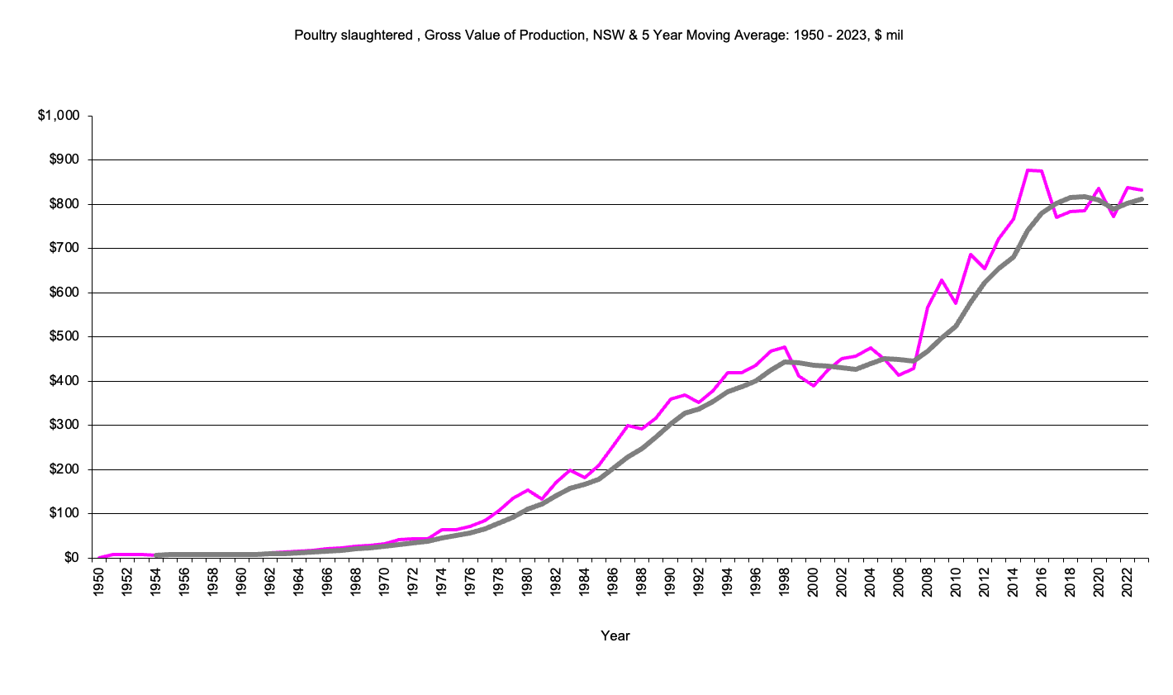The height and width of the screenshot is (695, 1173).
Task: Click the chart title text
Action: [598, 36]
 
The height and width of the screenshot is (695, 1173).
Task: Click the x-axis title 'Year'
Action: [615, 635]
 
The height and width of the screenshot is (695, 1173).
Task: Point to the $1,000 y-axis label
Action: [59, 116]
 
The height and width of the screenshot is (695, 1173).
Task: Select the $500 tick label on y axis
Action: [63, 336]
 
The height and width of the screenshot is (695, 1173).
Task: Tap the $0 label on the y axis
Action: [71, 558]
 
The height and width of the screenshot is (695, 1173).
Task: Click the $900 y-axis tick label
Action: [63, 159]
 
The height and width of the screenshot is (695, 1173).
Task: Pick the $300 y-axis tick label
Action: [63, 425]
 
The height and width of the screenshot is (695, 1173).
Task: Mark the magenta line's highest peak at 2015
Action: [1027, 169]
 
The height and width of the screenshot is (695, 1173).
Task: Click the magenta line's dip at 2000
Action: [813, 386]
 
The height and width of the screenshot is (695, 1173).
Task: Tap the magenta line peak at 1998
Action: [784, 347]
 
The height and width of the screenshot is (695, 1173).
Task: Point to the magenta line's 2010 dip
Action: [956, 303]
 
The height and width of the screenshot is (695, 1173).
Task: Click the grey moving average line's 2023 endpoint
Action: [1141, 198]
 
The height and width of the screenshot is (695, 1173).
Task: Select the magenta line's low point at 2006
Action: [899, 375]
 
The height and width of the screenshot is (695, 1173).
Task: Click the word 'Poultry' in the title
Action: [315, 36]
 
